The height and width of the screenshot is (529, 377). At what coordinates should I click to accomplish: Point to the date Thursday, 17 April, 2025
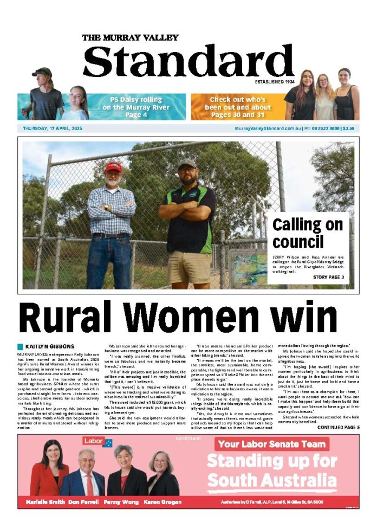tap(53, 128)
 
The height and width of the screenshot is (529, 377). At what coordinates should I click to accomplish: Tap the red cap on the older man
tap(113, 166)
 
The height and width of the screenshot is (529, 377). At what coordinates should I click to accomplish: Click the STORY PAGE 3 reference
tap(328, 277)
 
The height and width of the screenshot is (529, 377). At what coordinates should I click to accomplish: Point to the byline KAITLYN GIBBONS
tap(48, 346)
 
